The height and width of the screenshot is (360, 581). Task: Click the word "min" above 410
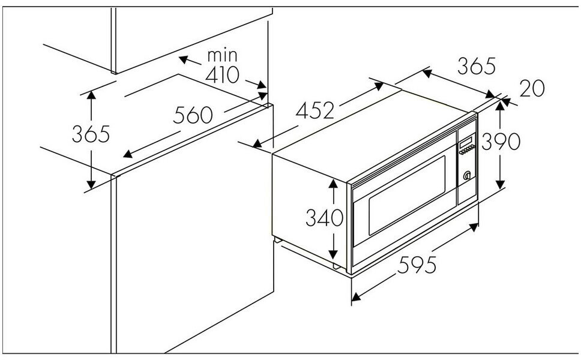[222, 56]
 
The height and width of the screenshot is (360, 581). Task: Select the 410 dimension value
[223, 75]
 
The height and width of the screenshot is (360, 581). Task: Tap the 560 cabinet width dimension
[193, 115]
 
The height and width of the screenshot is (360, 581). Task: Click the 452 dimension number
[315, 110]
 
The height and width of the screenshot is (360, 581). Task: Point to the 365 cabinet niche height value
[91, 134]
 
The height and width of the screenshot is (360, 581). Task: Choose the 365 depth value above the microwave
[476, 66]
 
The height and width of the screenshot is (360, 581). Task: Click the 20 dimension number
[532, 89]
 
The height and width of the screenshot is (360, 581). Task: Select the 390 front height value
[501, 141]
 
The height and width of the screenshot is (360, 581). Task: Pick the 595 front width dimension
[417, 265]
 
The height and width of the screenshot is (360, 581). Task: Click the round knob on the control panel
[467, 175]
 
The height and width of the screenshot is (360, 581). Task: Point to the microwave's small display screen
[466, 142]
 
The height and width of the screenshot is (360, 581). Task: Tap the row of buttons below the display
[467, 149]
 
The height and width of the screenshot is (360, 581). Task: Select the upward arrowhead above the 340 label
[333, 184]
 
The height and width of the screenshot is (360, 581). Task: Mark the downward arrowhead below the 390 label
[500, 184]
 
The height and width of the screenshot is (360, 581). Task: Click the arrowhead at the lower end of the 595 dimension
[356, 296]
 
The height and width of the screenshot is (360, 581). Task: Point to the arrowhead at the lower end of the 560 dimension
[128, 154]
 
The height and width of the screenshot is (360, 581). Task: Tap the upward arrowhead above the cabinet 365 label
[91, 95]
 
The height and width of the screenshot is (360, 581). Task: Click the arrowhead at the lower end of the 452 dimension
[257, 143]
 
